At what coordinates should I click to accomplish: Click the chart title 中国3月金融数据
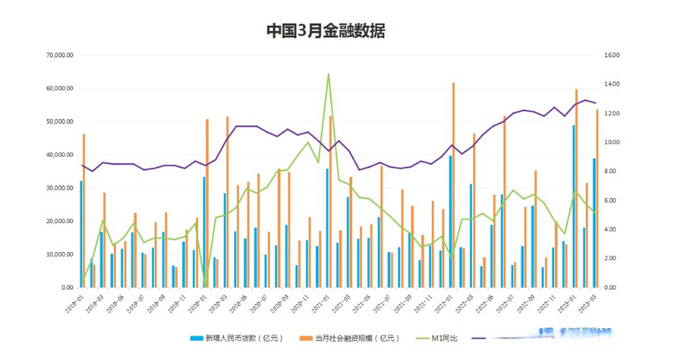[325, 31]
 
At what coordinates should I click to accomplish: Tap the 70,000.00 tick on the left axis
[60, 55]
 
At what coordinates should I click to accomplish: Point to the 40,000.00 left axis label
[60, 155]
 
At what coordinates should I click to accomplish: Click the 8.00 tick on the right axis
[611, 171]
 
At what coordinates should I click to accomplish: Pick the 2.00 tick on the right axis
[611, 258]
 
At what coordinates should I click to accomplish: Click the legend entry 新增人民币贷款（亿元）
[237, 338]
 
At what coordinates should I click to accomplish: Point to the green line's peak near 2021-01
[328, 74]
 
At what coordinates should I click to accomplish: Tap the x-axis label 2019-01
[74, 305]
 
